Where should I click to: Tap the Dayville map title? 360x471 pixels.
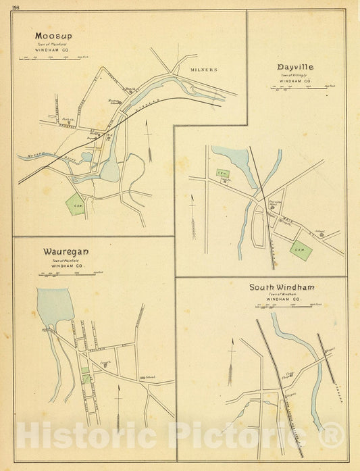pyautogui.click(x=295, y=68)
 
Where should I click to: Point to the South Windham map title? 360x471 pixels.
pyautogui.click(x=282, y=287)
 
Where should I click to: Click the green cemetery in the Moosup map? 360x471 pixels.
pyautogui.click(x=76, y=203)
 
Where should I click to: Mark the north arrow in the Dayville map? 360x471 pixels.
pyautogui.click(x=194, y=216)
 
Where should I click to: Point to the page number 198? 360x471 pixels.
pyautogui.click(x=17, y=6)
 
